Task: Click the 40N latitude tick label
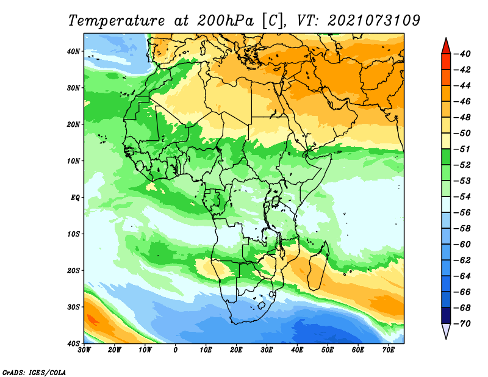[73, 51]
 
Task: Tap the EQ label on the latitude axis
[76, 198]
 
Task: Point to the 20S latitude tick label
[73, 270]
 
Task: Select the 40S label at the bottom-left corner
[73, 343]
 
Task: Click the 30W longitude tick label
[84, 350]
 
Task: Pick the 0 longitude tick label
[176, 350]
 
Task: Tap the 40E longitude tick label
[297, 350]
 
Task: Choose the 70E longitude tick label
[389, 350]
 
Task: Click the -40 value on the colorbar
[462, 54]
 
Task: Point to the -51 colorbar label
[462, 149]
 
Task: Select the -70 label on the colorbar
[462, 324]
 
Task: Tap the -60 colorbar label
[462, 245]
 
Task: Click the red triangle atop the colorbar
[446, 47]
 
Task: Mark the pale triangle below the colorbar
[446, 331]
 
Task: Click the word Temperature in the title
[117, 21]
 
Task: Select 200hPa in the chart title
[226, 21]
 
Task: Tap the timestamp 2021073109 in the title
[374, 21]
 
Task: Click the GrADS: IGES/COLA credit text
[34, 372]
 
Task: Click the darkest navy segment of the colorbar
[446, 315]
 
